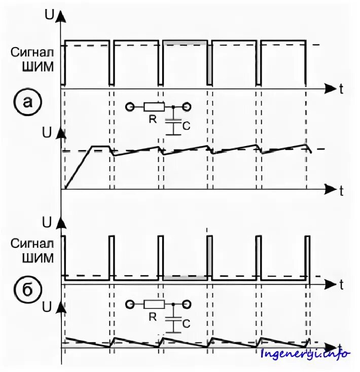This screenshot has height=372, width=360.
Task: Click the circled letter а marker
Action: (x=29, y=102)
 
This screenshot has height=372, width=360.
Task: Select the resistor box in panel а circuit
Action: (x=154, y=107)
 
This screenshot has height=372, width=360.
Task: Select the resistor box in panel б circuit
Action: (x=154, y=304)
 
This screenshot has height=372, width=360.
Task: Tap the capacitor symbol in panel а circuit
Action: (x=173, y=124)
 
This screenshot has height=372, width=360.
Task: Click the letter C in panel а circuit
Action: (x=186, y=126)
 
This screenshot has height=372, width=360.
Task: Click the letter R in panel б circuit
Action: (x=152, y=316)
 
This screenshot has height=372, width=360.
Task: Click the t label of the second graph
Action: (x=342, y=190)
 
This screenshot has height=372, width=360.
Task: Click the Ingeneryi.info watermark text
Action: (x=305, y=353)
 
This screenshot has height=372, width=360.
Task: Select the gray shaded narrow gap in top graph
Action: (x=209, y=64)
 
